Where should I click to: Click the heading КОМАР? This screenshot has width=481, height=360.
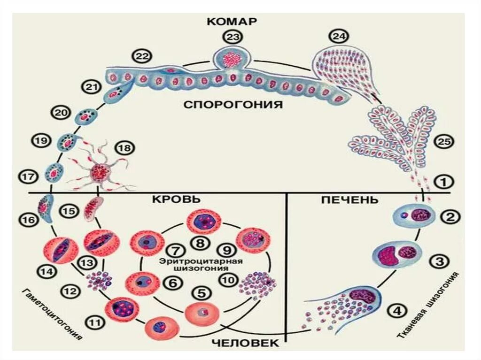(233, 22)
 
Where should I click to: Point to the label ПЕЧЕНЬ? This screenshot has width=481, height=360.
(350, 199)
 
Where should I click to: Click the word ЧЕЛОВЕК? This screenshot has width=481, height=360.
(246, 343)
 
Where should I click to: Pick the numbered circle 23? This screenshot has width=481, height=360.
(232, 36)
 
